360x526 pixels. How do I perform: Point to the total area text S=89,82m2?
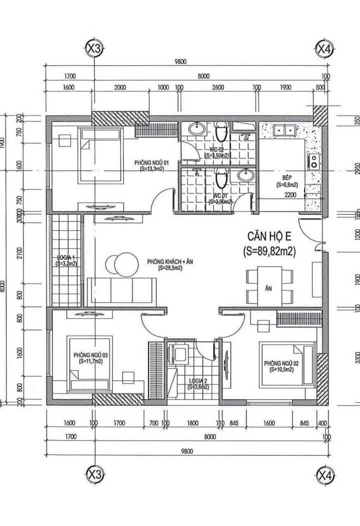[x=268, y=251]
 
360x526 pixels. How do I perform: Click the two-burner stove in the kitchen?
[x=313, y=160]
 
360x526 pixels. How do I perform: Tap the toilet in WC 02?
[x=220, y=135]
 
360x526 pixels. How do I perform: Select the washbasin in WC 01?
[x=245, y=175]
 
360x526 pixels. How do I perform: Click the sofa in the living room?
[x=120, y=289]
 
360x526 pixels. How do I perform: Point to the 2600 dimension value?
[x=218, y=86]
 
